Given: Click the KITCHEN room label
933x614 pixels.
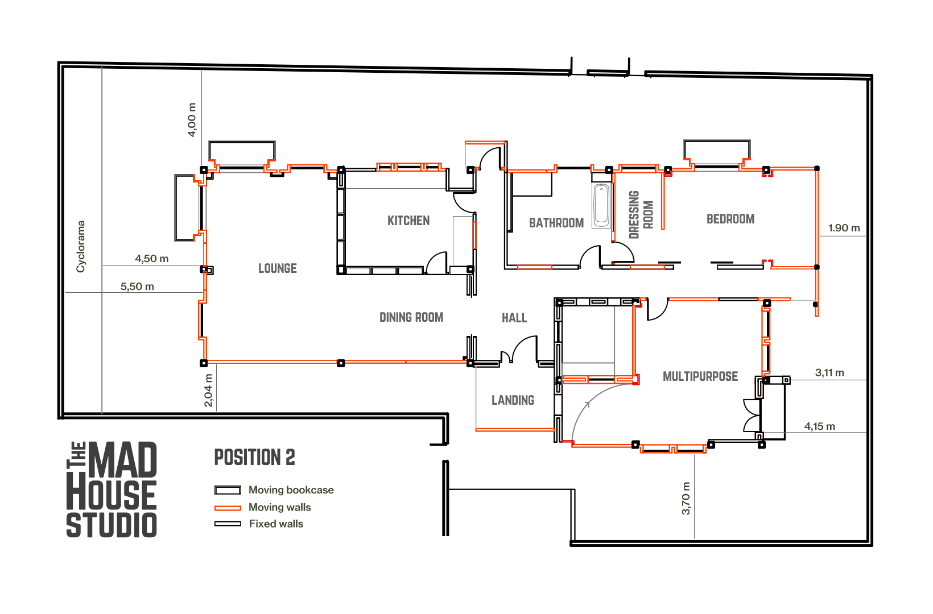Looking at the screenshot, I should (408, 221).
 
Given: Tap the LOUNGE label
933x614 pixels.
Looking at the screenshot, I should (278, 268).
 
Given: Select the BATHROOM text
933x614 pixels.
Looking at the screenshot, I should (556, 223).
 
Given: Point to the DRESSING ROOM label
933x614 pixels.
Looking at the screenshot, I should (641, 214).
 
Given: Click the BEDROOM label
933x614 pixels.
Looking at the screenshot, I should (730, 219).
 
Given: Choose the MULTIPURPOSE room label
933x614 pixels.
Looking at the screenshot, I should (700, 376).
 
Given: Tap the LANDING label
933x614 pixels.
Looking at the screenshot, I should (513, 400).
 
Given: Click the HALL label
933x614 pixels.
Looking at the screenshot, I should (514, 318).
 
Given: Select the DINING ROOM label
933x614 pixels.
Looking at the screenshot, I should (411, 317).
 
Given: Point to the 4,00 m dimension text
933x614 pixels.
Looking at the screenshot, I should (192, 120).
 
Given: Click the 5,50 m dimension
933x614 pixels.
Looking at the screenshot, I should (137, 287).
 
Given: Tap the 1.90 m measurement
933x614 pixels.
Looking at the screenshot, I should (844, 228).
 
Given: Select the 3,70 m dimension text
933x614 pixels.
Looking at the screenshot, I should (686, 499).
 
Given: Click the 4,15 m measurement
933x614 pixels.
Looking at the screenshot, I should (819, 426).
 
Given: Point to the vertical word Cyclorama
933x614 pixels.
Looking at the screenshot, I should (81, 247).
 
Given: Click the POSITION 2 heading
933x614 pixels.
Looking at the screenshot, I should (254, 457).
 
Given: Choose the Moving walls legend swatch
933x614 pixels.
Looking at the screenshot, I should (228, 508).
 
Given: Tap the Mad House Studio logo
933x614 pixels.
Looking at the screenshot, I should (112, 489).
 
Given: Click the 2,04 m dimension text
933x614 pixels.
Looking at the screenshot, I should (209, 391).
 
